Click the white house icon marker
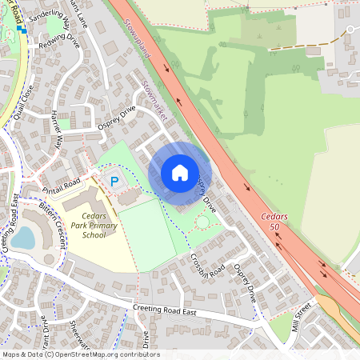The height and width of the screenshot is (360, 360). coord(180,173)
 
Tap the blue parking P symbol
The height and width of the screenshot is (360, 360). coord(114,182)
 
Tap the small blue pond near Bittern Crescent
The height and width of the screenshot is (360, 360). coord(24,238)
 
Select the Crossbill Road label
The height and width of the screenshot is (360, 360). coord(207,268)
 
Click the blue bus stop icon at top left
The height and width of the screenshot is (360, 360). coord(22,28)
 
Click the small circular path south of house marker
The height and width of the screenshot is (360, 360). coord(202,221)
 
